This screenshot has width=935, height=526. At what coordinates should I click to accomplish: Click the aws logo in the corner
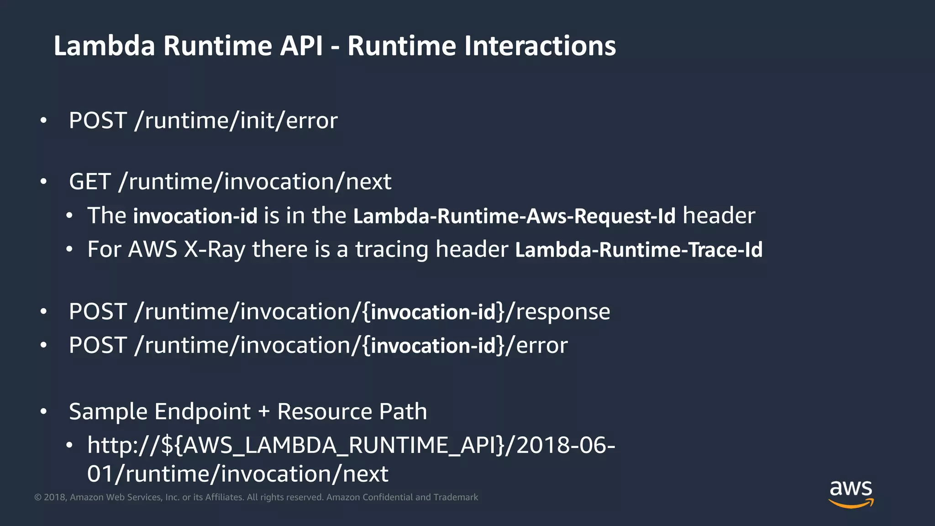click(x=851, y=493)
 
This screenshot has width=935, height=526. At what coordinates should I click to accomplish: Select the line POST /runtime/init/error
click(x=203, y=121)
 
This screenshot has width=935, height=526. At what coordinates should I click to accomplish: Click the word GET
click(x=90, y=182)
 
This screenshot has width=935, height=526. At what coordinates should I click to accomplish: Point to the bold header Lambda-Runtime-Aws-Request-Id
click(x=514, y=216)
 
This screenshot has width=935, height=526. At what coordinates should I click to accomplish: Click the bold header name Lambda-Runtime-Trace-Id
click(x=638, y=250)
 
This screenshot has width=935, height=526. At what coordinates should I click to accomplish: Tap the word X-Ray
click(x=214, y=250)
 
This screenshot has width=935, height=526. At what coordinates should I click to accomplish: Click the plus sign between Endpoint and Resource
click(x=264, y=412)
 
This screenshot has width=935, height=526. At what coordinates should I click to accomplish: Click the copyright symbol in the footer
click(x=38, y=497)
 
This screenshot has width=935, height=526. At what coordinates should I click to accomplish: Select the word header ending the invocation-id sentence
click(x=719, y=216)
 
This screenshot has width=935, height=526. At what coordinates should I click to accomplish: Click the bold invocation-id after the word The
click(x=195, y=216)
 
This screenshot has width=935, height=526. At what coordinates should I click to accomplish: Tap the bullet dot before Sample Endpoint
click(x=43, y=412)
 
